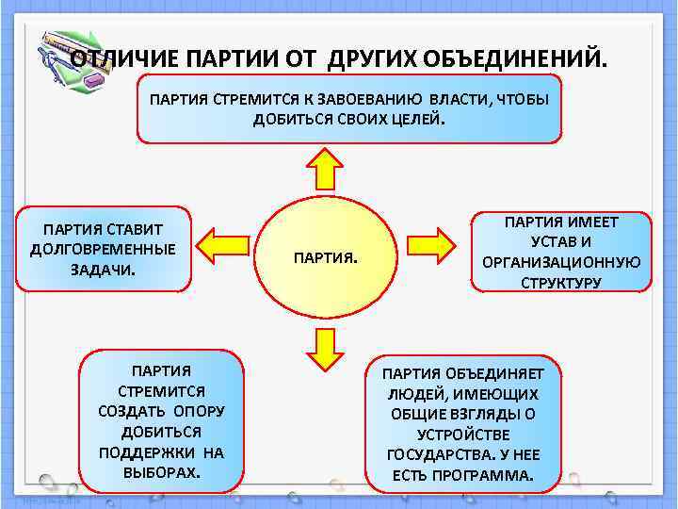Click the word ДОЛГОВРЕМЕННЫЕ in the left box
tap(104, 250)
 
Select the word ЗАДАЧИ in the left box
tap(102, 270)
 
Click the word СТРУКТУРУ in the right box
tap(561, 282)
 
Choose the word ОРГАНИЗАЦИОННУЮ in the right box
tap(561, 262)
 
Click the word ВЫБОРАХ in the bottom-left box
tap(161, 471)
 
